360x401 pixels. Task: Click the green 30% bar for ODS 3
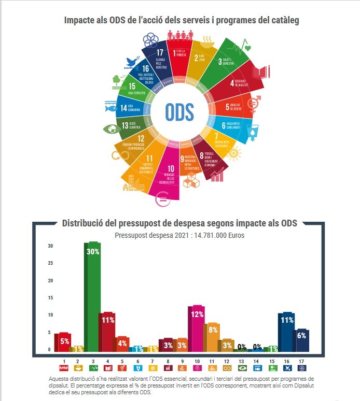point(92,295)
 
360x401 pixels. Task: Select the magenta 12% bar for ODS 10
point(197,329)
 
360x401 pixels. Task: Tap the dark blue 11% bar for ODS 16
point(286,332)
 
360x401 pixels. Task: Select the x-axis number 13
point(241,361)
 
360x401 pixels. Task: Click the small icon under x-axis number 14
point(256,368)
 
